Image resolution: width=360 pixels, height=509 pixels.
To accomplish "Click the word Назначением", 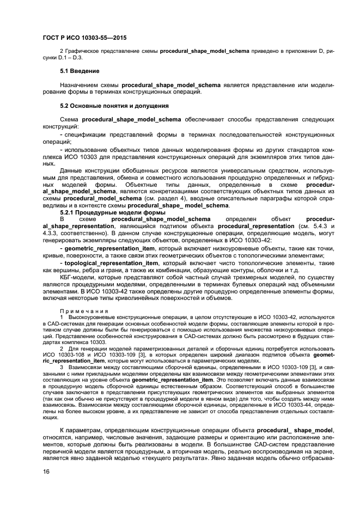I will pyautogui.click(x=81, y=85).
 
